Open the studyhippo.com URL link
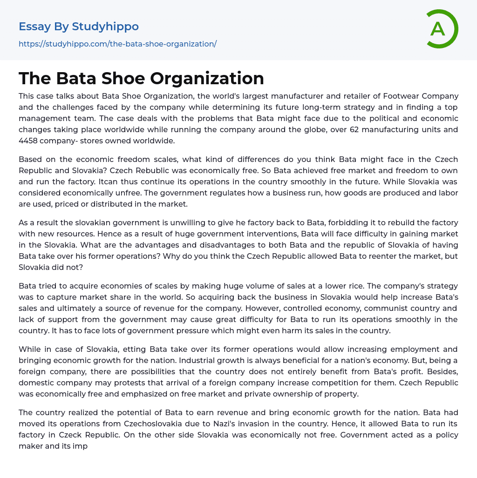(117, 44)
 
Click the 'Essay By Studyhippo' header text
(79, 27)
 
